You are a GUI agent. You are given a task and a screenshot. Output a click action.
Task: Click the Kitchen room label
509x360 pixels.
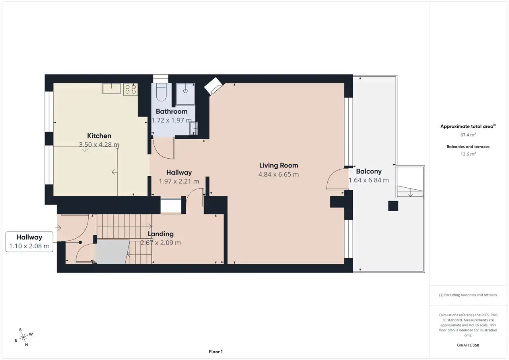pyautogui.click(x=99, y=136)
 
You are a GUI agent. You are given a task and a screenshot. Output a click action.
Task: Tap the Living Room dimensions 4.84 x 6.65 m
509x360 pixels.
pyautogui.click(x=278, y=174)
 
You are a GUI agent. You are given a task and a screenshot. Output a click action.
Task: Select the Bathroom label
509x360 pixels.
pyautogui.click(x=171, y=111)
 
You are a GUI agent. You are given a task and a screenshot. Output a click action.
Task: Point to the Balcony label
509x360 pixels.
pyautogui.click(x=369, y=171)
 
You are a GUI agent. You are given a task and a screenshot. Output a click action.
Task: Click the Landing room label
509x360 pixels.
pyautogui.click(x=161, y=234)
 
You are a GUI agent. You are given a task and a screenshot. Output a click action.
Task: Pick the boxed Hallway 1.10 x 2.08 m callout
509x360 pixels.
pyautogui.click(x=29, y=242)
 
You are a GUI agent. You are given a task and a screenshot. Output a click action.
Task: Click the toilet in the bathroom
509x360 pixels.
pyautogui.click(x=161, y=92)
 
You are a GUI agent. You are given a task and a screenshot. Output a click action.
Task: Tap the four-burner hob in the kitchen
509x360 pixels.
pyautogui.click(x=130, y=89)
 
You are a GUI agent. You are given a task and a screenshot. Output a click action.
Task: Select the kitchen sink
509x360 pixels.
pyautogui.click(x=111, y=88)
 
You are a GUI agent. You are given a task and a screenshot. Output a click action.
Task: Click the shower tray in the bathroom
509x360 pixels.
pyautogui.click(x=185, y=94)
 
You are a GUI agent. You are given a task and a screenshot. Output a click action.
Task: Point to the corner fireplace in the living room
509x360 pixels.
pyautogui.click(x=213, y=86)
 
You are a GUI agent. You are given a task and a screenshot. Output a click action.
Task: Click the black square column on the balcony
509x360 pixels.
pyautogui.click(x=393, y=206)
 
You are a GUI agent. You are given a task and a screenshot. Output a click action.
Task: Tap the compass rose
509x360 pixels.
pyautogui.click(x=23, y=337)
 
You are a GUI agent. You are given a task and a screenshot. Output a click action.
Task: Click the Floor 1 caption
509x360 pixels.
pyautogui.click(x=216, y=352)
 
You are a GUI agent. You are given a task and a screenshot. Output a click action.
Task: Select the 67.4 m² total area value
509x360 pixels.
pyautogui.click(x=468, y=135)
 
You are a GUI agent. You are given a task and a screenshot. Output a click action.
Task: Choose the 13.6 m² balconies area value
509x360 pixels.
pyautogui.click(x=468, y=154)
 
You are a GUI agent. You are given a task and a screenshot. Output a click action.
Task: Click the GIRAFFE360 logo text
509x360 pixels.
pyautogui.click(x=468, y=345)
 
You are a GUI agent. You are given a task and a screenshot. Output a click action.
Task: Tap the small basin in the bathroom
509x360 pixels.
pyautogui.click(x=194, y=128)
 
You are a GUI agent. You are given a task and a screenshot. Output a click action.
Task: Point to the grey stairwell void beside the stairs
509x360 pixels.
pyautogui.click(x=112, y=252)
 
